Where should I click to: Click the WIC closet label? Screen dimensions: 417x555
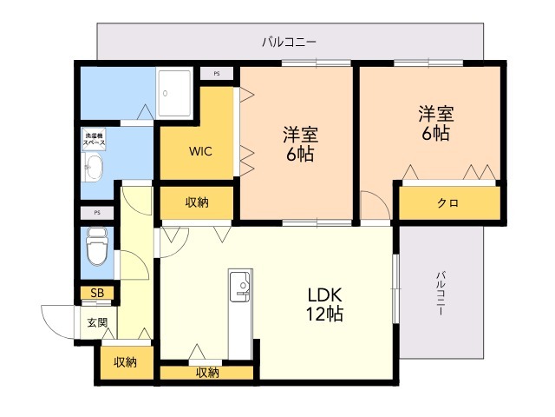(201, 149)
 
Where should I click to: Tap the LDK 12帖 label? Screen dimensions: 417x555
(323, 303)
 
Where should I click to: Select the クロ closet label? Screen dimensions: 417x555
(447, 203)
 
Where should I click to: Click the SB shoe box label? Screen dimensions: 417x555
(97, 293)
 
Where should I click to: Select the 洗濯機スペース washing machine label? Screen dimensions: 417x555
(95, 138)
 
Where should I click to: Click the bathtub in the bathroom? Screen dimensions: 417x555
(177, 89)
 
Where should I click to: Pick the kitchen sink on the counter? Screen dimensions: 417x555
(238, 285)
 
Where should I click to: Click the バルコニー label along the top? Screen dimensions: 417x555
(289, 41)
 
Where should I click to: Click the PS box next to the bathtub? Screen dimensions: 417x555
(216, 74)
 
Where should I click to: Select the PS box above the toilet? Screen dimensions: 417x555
(97, 212)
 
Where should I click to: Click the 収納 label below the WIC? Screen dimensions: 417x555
(197, 202)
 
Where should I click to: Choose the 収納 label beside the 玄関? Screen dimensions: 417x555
(125, 362)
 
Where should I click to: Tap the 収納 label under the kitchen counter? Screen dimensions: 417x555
(206, 373)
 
